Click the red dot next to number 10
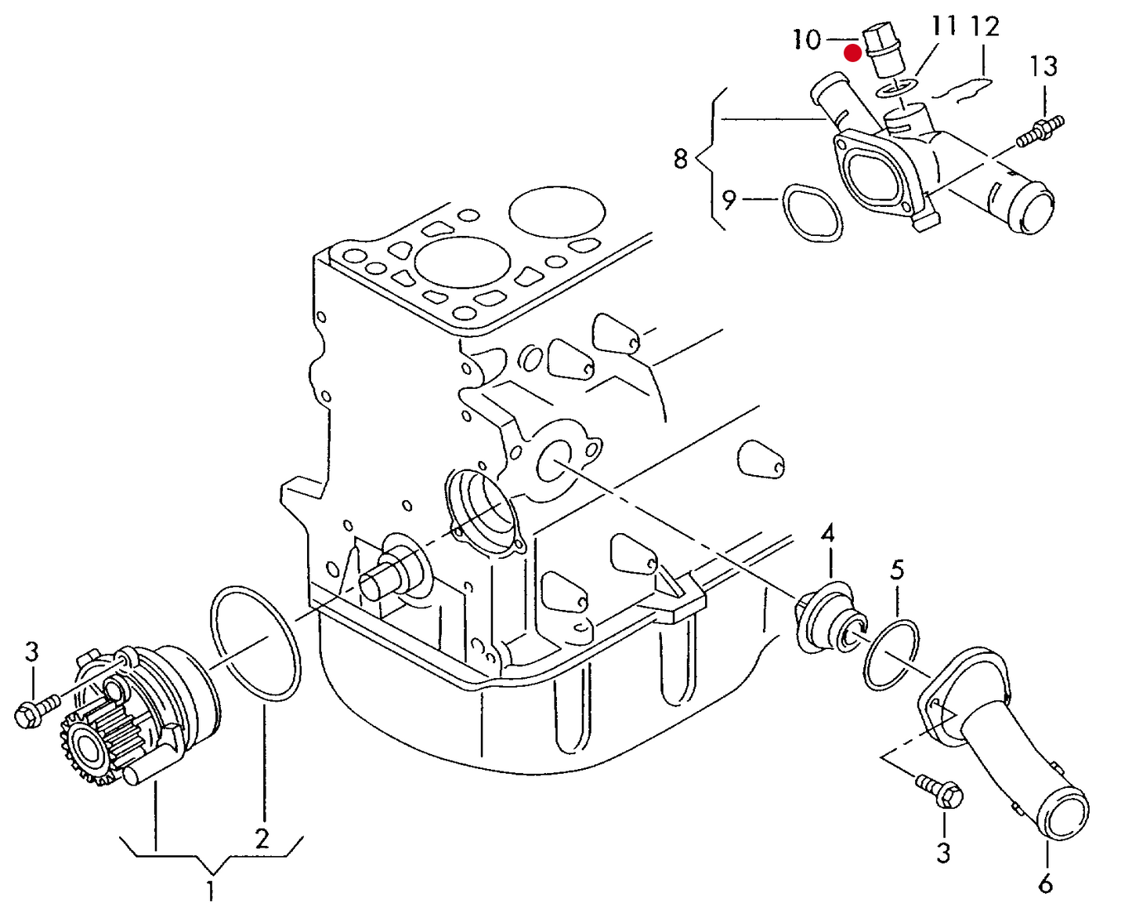tap(852, 53)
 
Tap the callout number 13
tap(1043, 66)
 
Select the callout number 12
tap(985, 27)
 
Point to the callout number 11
tap(944, 27)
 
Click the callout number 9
tap(729, 200)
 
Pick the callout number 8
tap(680, 159)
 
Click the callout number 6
tap(1046, 884)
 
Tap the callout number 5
tap(897, 569)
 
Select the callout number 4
tap(827, 535)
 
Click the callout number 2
tap(262, 839)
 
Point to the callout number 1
tap(210, 891)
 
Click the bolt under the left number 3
tap(35, 709)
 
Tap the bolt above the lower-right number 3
tap(940, 789)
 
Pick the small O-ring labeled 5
tap(891, 655)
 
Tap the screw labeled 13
tap(1040, 131)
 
